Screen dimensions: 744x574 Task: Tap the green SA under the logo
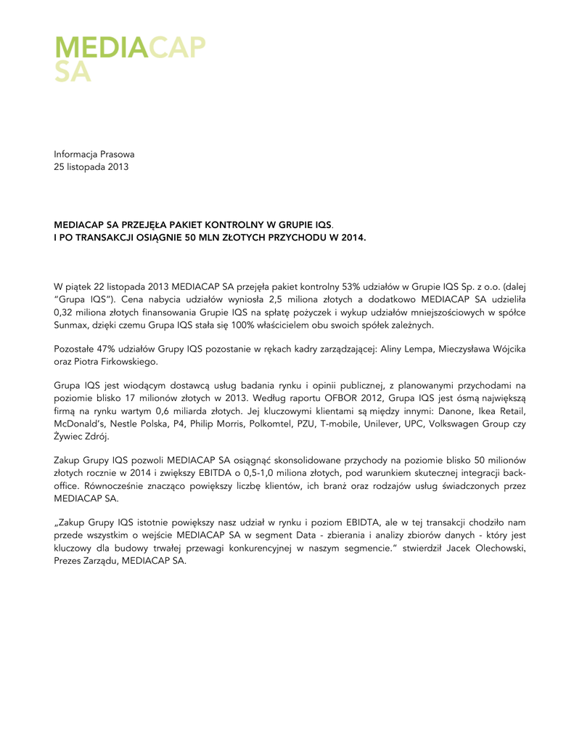tap(73, 72)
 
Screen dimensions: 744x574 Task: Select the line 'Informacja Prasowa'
tap(94, 154)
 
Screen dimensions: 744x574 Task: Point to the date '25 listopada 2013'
tap(91, 167)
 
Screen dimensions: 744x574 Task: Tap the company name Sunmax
tap(72, 326)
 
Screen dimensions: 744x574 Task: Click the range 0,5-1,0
tap(298, 473)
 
